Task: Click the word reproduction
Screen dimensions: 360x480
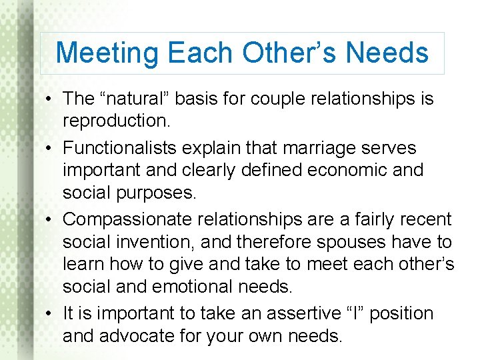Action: [115, 122]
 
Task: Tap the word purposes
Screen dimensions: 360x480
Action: [155, 193]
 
